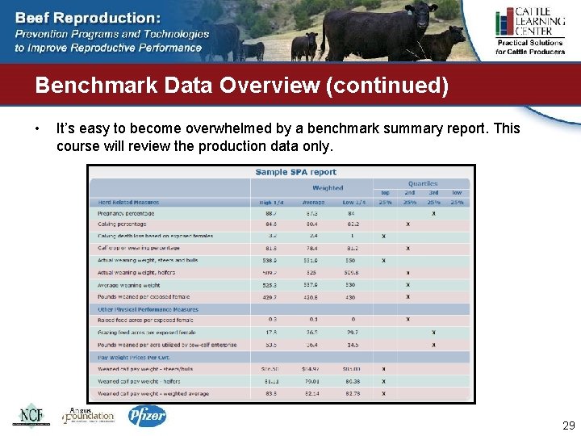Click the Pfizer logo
click(x=147, y=415)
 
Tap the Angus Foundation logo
click(x=89, y=415)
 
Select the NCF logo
click(x=30, y=415)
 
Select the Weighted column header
click(x=328, y=187)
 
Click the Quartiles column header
click(x=423, y=183)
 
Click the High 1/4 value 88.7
click(x=270, y=213)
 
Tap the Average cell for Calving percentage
click(x=311, y=224)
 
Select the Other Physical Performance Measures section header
click(x=148, y=309)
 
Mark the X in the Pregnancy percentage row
click(x=433, y=213)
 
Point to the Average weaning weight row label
click(x=129, y=285)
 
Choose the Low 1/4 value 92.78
click(x=353, y=393)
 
